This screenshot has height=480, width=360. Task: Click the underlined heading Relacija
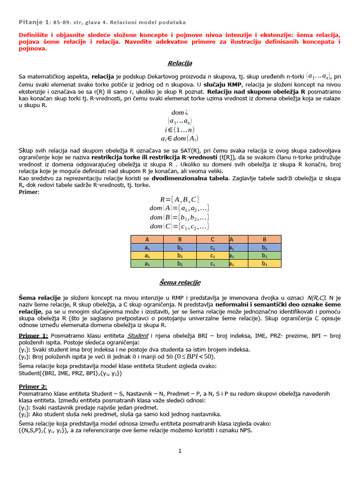180,63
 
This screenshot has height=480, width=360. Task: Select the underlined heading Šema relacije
180,282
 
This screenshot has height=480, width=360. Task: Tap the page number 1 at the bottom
180,451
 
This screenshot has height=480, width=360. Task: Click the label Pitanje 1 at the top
33,22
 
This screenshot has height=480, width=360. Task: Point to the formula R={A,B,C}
180,199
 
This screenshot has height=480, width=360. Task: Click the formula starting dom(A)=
180,208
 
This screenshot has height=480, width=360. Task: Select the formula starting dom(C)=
180,226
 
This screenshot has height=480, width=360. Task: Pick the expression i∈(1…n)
180,130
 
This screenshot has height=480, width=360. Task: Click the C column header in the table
212,239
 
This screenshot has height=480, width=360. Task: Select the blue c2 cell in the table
212,247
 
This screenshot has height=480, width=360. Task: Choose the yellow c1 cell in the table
212,255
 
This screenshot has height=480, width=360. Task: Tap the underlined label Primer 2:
33,386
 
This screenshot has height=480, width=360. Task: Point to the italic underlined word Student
138,336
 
